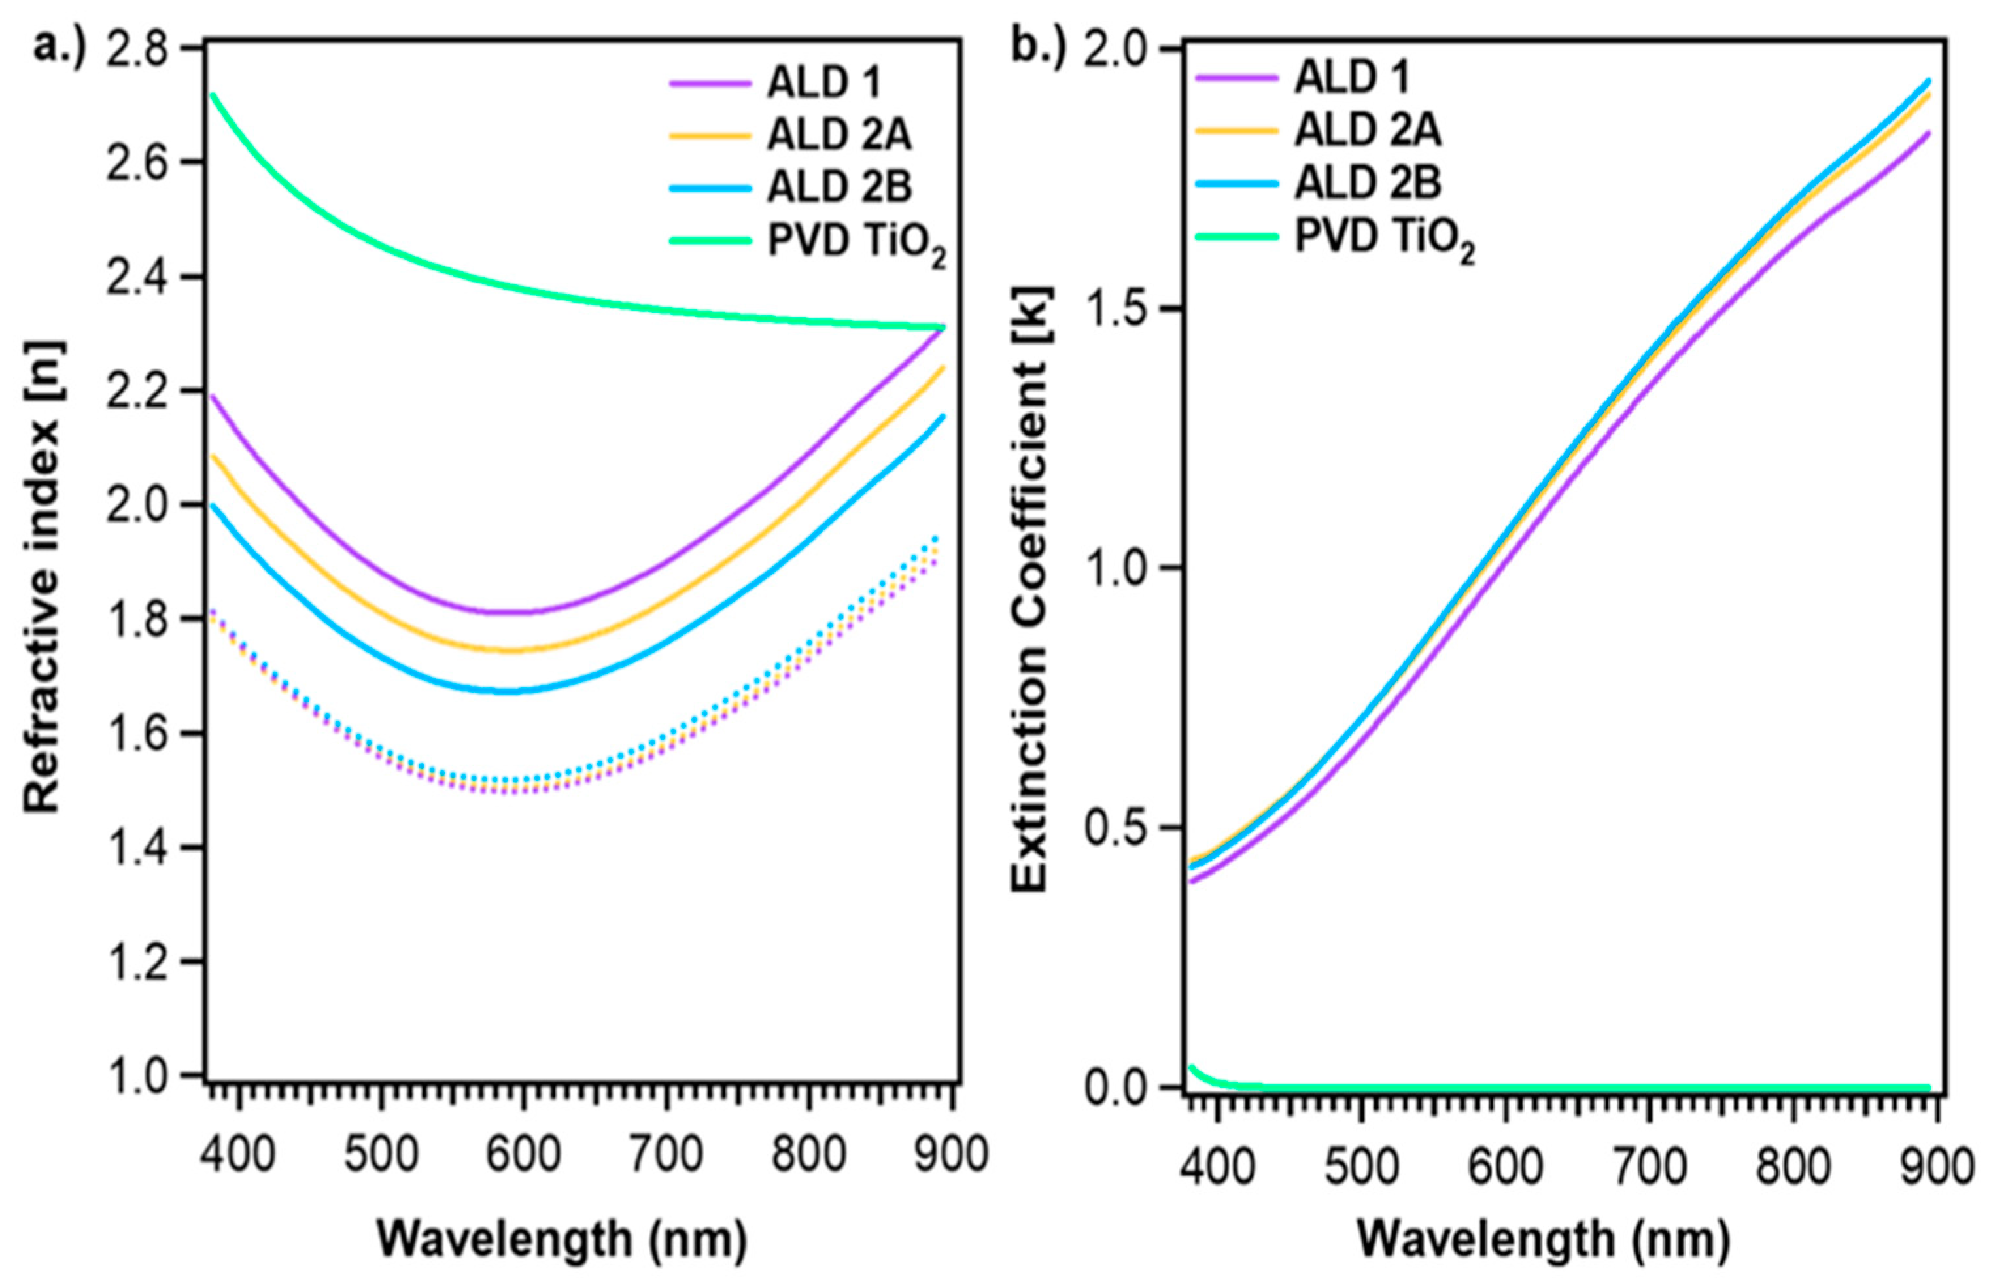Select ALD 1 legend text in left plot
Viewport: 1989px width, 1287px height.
(x=824, y=83)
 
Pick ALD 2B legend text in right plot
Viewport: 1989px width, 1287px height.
(x=1368, y=183)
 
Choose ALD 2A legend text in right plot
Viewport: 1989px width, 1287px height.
(x=1368, y=130)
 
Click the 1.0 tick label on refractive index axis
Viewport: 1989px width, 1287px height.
(x=137, y=1076)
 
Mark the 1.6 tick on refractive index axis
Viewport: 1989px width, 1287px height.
(x=137, y=734)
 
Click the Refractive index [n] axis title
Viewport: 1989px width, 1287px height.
(x=42, y=577)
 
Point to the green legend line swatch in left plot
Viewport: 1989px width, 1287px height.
(x=710, y=241)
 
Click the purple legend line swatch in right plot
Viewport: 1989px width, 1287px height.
(x=1237, y=78)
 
